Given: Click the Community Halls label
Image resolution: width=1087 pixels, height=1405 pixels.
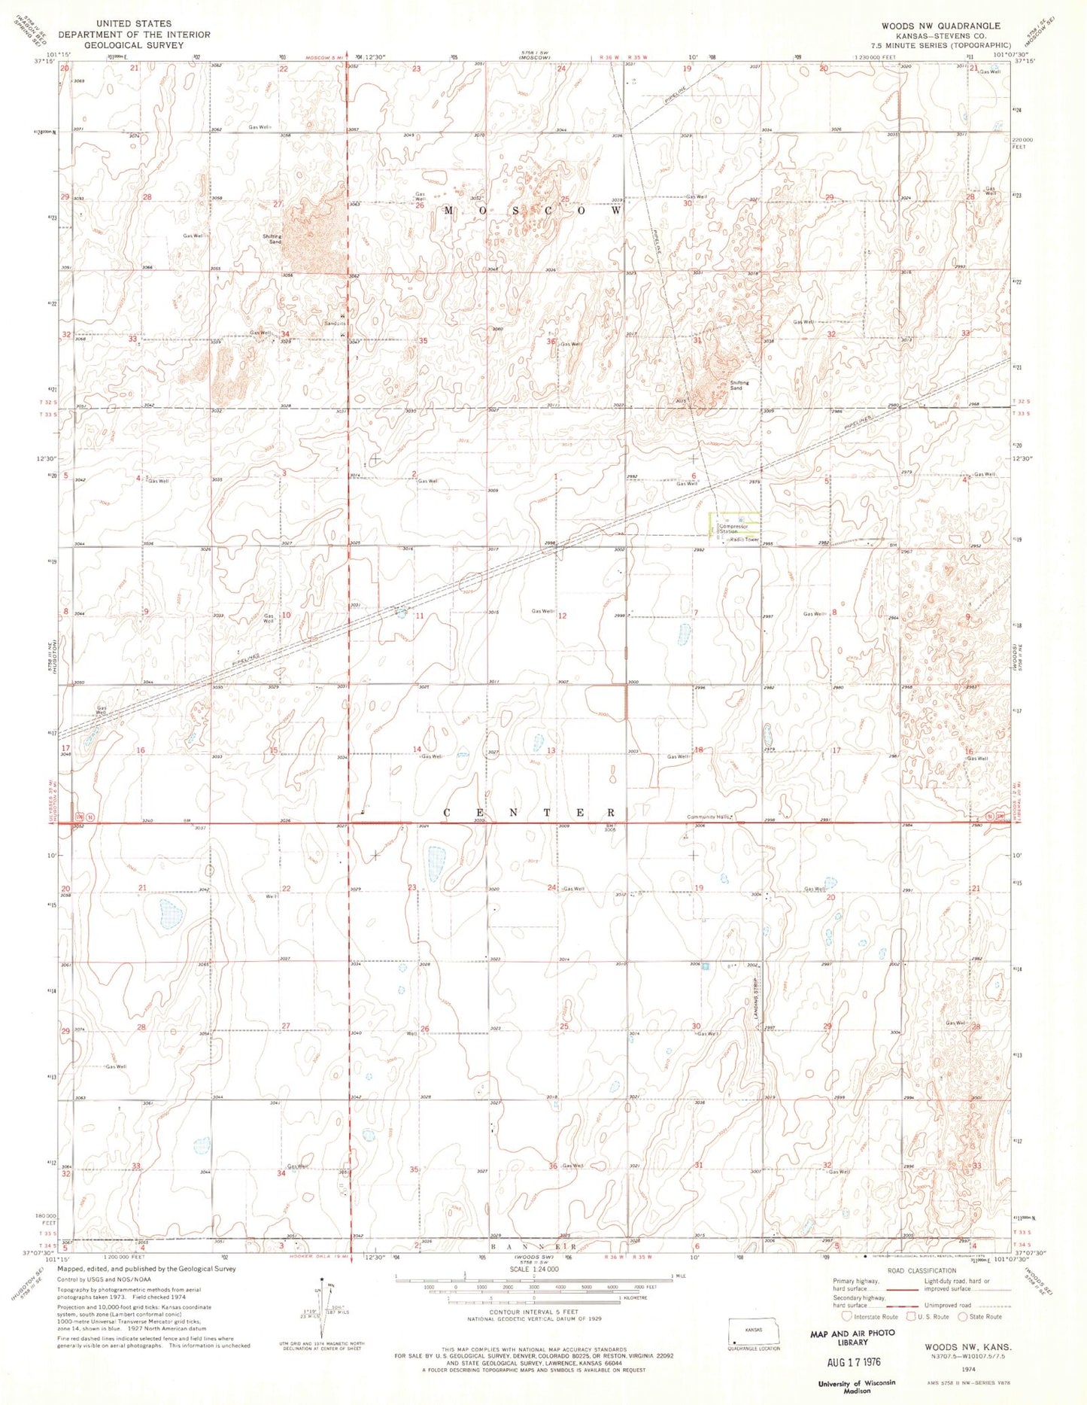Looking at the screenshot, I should click(x=708, y=817).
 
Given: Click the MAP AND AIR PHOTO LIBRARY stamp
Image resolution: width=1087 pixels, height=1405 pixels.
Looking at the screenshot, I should click(x=852, y=1337).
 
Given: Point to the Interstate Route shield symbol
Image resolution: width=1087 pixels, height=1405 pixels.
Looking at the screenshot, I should click(x=846, y=1317).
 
